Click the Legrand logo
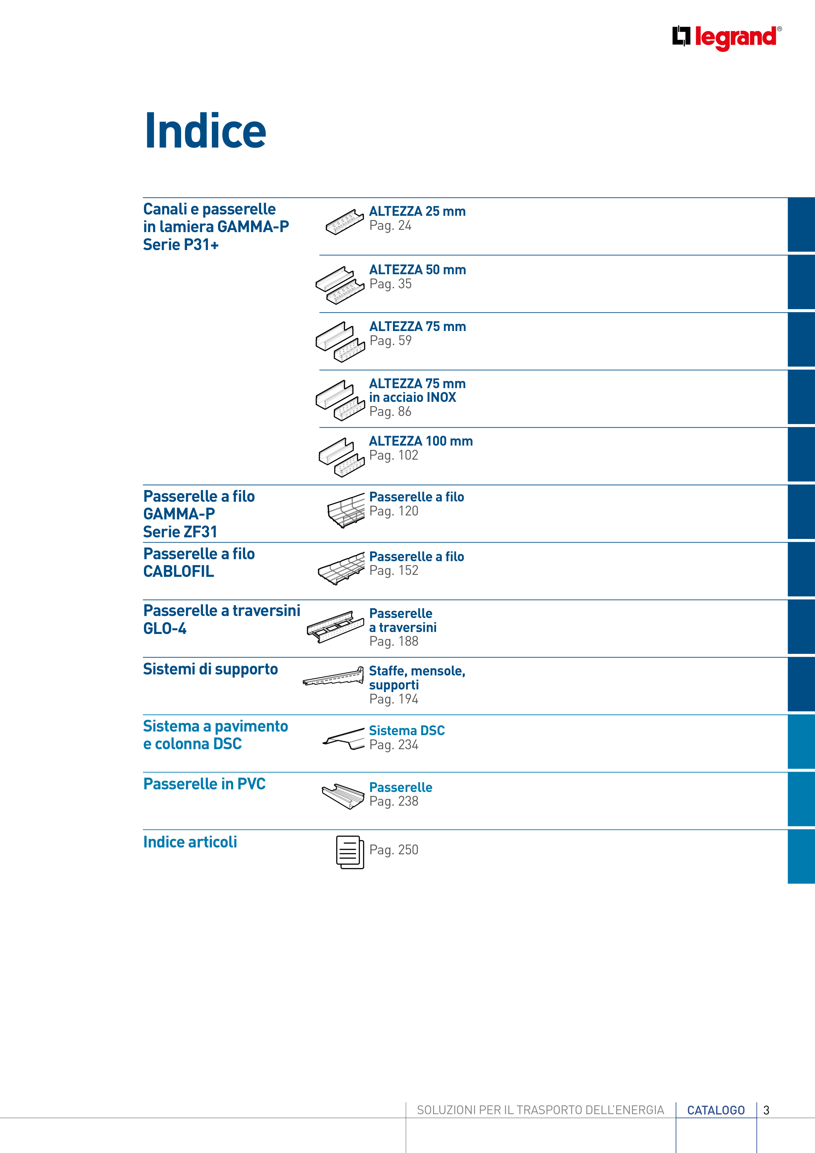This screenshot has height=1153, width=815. pyautogui.click(x=727, y=38)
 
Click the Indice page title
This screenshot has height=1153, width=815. pyautogui.click(x=205, y=131)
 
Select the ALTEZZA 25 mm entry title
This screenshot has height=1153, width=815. pyautogui.click(x=417, y=212)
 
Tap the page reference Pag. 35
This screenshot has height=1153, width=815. pyautogui.click(x=390, y=284)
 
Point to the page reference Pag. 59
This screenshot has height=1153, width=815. pyautogui.click(x=390, y=341)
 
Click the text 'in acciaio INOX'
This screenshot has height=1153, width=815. pyautogui.click(x=412, y=397)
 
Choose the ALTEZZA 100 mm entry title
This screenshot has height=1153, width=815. pyautogui.click(x=421, y=441)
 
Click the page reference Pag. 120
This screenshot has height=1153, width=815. pyautogui.click(x=394, y=511)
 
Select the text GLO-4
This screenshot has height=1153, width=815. pyautogui.click(x=165, y=629)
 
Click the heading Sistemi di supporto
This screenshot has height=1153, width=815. pyautogui.click(x=211, y=670)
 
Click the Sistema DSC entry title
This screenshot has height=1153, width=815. pyautogui.click(x=407, y=731)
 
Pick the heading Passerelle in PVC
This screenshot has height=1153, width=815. pyautogui.click(x=204, y=784)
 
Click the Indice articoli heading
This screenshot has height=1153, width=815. pyautogui.click(x=190, y=842)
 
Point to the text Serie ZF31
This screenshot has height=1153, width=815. pyautogui.click(x=180, y=532)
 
